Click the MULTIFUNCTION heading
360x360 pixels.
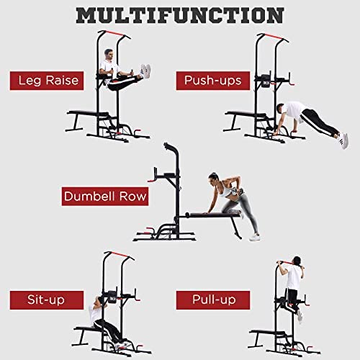180,15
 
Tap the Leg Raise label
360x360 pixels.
47,81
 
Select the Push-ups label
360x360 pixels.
213,81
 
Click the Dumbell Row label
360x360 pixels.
105,197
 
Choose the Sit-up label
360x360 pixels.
47,300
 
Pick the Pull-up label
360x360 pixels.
213,300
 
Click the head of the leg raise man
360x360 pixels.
109,55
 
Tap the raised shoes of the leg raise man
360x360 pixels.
145,71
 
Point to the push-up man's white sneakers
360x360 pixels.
343,140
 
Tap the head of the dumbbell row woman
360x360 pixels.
213,178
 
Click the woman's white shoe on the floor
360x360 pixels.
254,237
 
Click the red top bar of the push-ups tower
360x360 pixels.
273,36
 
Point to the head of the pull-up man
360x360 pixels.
297,261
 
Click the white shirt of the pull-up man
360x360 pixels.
294,277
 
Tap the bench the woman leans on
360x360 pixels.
214,215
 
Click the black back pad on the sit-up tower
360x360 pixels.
112,297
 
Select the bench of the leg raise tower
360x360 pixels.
89,114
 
